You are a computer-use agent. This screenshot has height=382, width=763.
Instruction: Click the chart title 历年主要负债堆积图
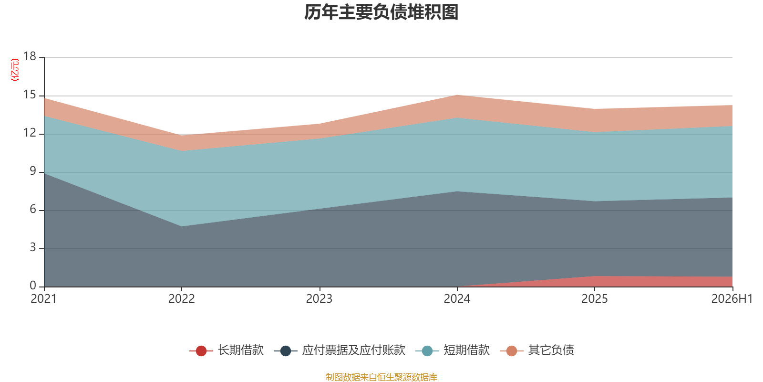381,12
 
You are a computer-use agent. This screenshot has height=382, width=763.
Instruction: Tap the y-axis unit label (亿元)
15,70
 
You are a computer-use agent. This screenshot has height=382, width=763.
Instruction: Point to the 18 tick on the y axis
30,56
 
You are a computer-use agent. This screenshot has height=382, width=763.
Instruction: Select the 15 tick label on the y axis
30,95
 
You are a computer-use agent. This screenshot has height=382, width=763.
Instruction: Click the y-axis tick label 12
30,133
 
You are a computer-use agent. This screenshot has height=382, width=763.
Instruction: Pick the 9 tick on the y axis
33,171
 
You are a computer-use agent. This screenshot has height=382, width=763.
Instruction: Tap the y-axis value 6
33,209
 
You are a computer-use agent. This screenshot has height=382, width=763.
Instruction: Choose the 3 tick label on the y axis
33,247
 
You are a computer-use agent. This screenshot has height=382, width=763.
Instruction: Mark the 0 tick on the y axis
33,286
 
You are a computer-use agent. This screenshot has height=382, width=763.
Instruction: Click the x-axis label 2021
43,299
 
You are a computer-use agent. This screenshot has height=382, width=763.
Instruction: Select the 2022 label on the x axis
182,299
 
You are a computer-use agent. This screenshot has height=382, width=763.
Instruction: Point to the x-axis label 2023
319,299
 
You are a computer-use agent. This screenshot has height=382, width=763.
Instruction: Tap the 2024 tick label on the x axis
457,299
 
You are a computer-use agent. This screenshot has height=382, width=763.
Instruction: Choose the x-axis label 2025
594,299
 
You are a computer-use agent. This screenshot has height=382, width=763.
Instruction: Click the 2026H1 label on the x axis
732,299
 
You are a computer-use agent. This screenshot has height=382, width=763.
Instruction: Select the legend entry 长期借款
227,350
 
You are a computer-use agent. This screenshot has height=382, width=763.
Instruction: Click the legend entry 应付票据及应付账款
340,350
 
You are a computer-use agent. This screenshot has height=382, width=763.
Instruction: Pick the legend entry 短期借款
453,350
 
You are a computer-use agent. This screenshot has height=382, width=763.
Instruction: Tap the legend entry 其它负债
537,350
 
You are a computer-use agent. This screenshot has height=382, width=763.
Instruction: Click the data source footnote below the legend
381,377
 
